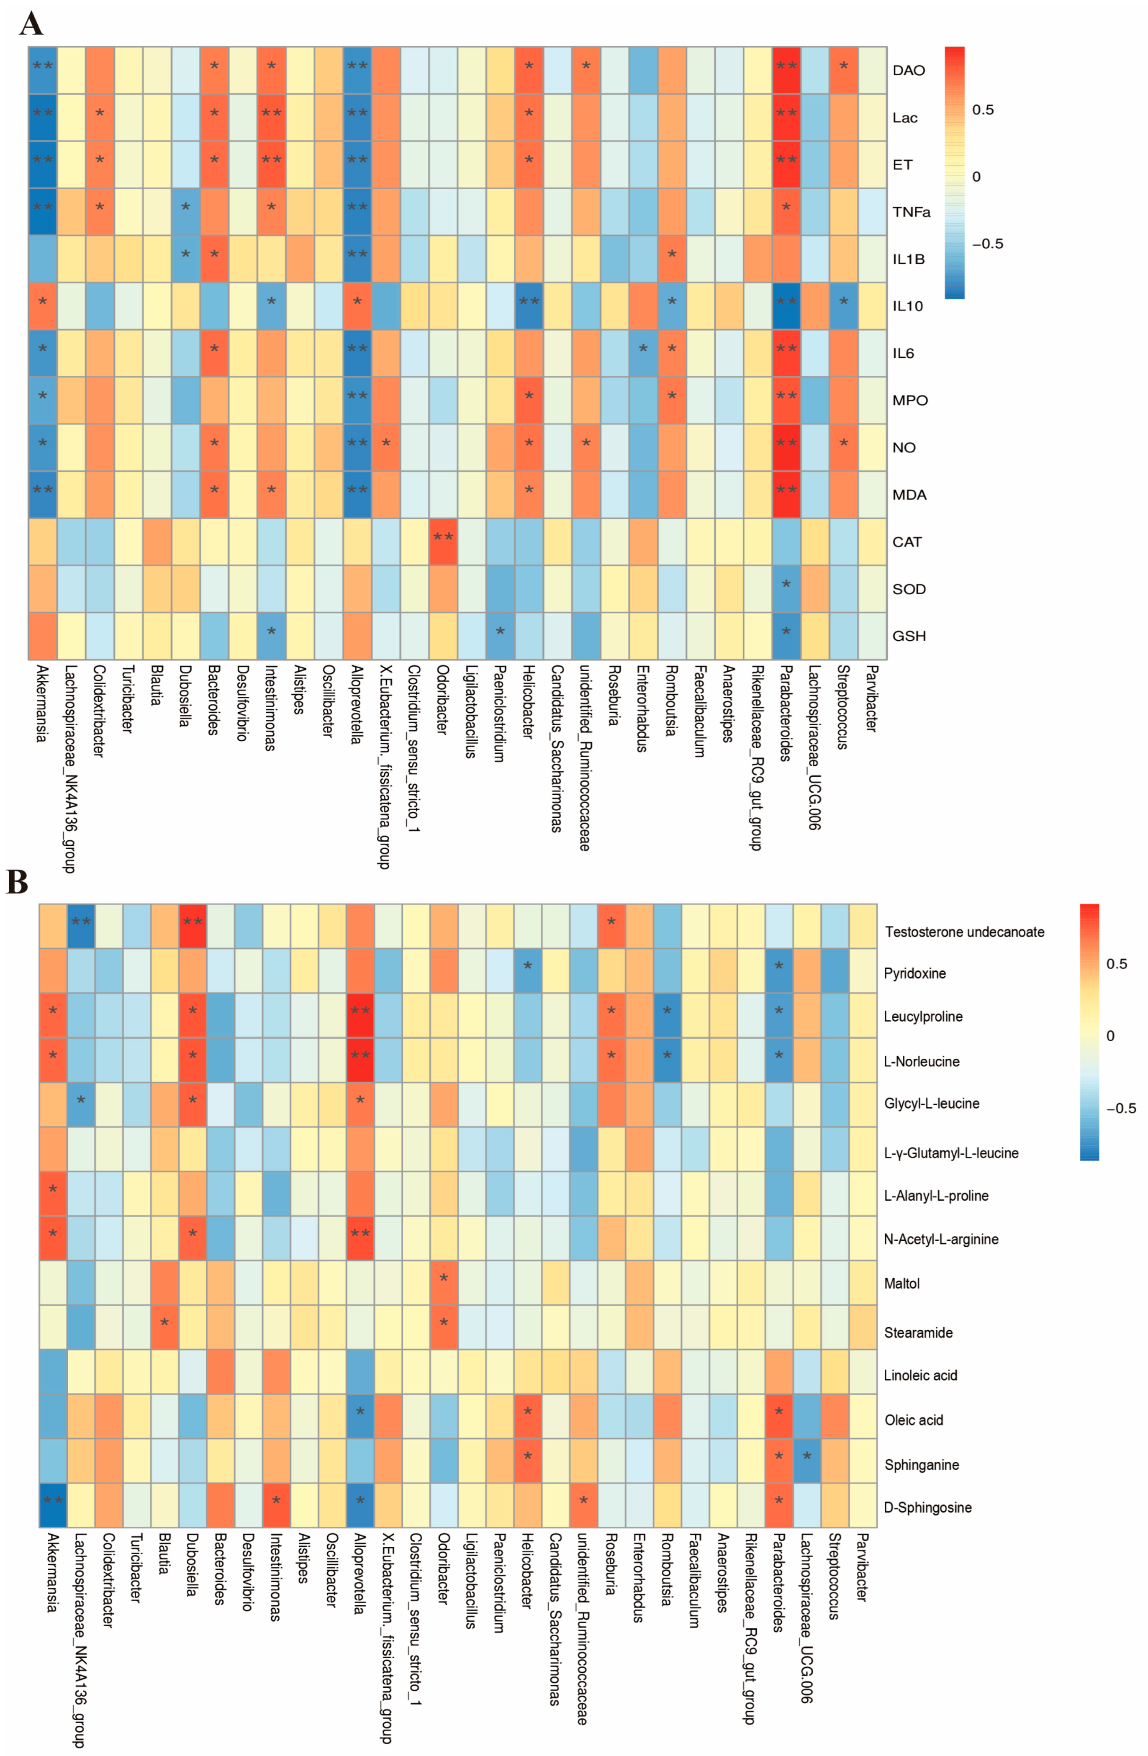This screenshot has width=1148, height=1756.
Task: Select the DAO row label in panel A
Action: click(x=908, y=70)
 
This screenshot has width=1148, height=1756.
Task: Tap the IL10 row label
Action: click(x=907, y=306)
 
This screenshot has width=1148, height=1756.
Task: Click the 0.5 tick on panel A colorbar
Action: click(x=982, y=110)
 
